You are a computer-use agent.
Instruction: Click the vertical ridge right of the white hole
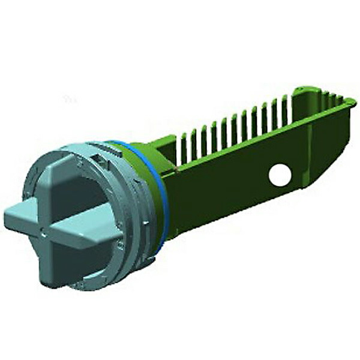[x=309, y=162]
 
